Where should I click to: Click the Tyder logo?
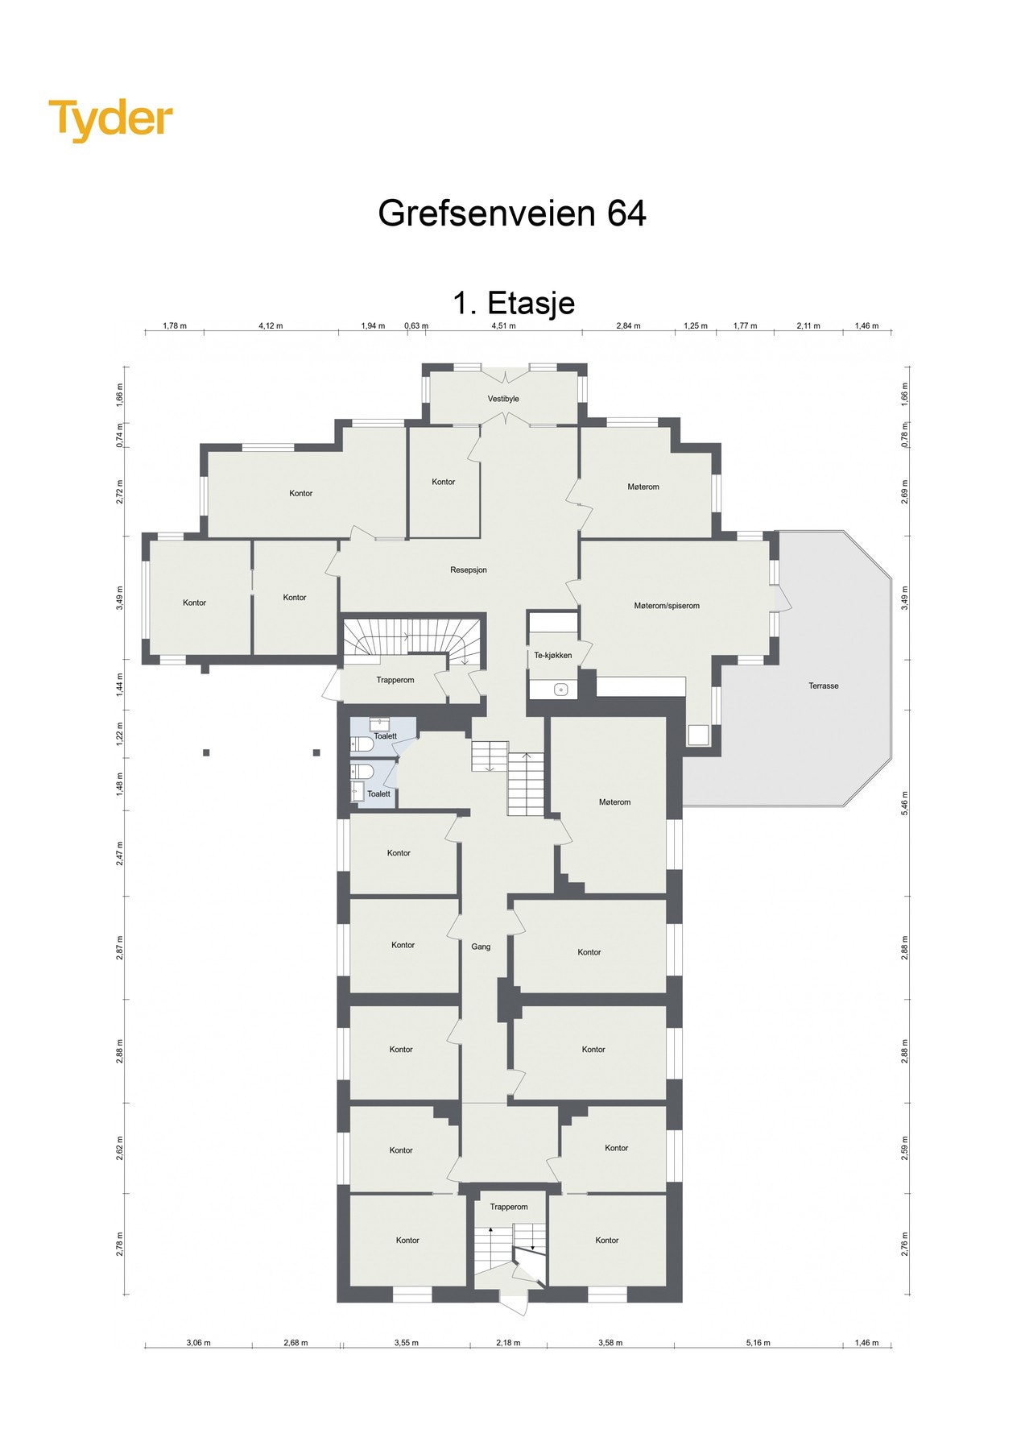click(x=110, y=120)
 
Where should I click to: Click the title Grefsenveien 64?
click(x=512, y=213)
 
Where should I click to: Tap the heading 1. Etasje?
click(x=513, y=303)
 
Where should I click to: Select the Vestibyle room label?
click(x=503, y=399)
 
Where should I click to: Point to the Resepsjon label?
click(x=468, y=570)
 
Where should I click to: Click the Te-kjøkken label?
click(x=552, y=655)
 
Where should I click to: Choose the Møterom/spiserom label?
click(x=667, y=606)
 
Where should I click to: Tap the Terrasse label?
click(x=824, y=686)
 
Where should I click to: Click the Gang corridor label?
click(x=481, y=947)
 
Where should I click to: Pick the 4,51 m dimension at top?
click(x=503, y=326)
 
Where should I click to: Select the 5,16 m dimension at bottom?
click(x=758, y=1343)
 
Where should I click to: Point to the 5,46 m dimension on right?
click(x=904, y=802)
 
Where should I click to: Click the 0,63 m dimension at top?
click(x=416, y=326)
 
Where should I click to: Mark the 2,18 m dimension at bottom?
click(x=508, y=1343)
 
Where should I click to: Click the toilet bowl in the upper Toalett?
click(x=359, y=742)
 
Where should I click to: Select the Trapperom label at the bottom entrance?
click(x=509, y=1207)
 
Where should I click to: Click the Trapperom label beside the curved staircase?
click(x=395, y=680)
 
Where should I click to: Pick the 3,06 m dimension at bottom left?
click(x=198, y=1343)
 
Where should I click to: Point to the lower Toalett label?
click(x=378, y=794)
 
